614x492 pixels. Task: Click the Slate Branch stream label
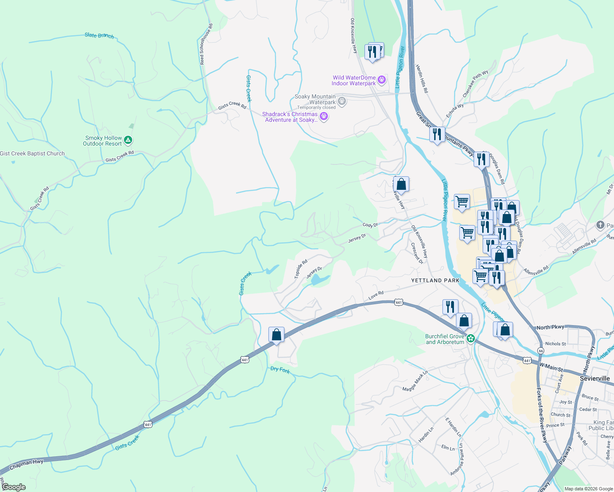click(99, 36)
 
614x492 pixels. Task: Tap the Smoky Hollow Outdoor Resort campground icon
click(128, 141)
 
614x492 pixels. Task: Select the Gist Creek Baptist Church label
click(32, 154)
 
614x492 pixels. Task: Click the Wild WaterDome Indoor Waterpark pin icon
click(382, 80)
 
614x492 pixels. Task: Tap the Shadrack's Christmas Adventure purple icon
click(324, 117)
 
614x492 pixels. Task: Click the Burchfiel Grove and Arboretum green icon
click(471, 339)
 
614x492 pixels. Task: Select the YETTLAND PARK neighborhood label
click(435, 281)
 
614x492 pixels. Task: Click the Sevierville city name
click(595, 378)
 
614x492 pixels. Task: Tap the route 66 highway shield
click(541, 351)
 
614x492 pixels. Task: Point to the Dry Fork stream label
click(280, 370)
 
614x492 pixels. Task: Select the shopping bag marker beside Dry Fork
click(277, 335)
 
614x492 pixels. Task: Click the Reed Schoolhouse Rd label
click(206, 44)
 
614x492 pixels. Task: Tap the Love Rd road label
click(376, 295)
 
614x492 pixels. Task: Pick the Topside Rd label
click(301, 269)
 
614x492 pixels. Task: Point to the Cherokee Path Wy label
click(475, 84)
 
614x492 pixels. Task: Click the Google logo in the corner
click(14, 487)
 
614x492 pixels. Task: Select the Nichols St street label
click(555, 344)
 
